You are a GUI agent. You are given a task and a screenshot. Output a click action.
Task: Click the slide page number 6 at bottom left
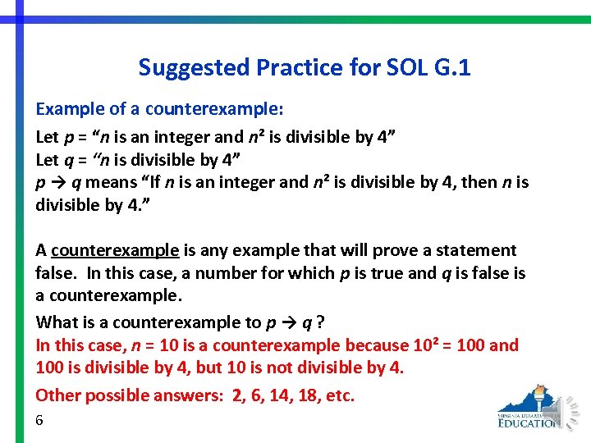click(39, 420)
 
